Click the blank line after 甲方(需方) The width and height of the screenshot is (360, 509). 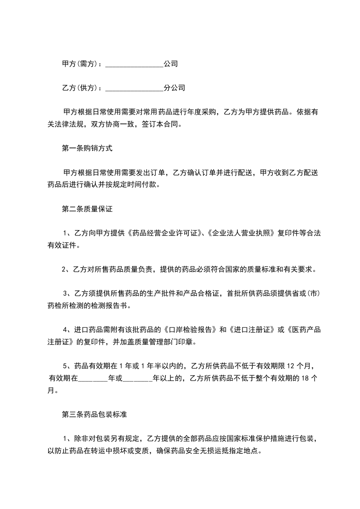(134, 64)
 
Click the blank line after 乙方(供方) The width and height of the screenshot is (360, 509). (134, 88)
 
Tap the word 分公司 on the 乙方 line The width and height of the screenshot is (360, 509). (174, 88)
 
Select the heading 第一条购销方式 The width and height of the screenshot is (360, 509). (87, 148)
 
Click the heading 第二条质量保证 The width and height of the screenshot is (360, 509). (87, 209)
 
